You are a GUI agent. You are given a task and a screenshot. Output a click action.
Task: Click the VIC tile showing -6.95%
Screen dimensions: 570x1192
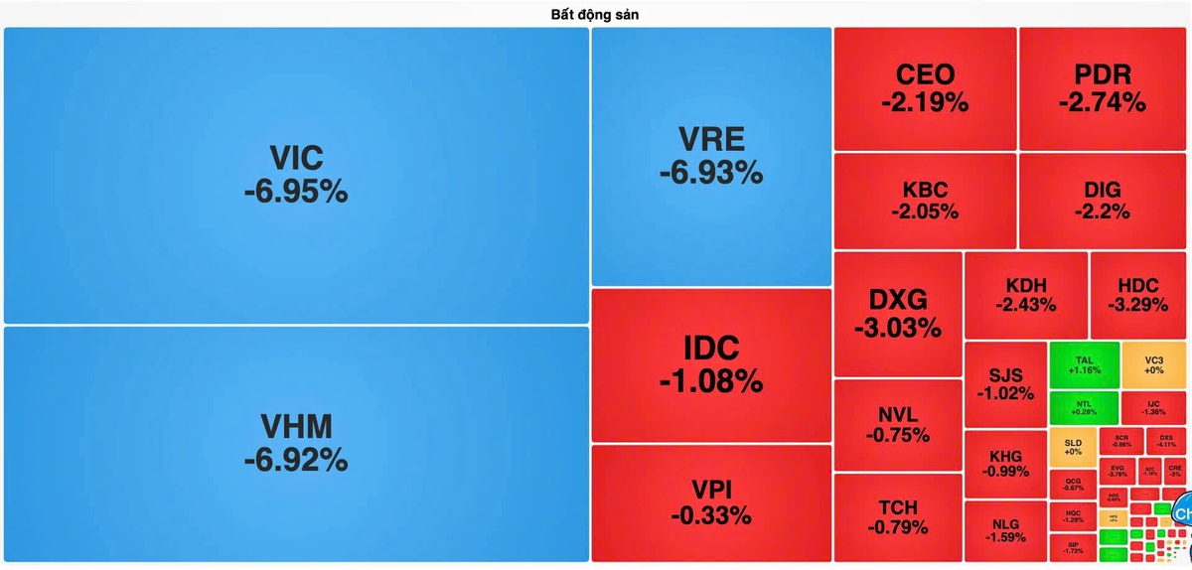click(296, 175)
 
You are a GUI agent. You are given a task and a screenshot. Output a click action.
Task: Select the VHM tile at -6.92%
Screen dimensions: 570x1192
click(296, 444)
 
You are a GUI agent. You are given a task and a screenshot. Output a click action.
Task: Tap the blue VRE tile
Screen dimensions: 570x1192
click(711, 156)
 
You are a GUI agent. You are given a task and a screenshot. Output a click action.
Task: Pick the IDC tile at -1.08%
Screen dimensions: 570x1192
click(711, 363)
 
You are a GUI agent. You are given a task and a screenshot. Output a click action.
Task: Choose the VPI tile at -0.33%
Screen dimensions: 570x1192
click(711, 502)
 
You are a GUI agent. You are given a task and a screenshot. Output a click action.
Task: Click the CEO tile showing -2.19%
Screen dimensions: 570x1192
click(925, 87)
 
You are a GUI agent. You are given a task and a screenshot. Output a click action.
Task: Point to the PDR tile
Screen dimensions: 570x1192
click(1103, 87)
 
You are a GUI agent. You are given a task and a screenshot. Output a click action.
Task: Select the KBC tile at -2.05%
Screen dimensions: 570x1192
click(925, 200)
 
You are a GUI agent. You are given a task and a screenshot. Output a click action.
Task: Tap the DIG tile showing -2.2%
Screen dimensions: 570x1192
click(1103, 200)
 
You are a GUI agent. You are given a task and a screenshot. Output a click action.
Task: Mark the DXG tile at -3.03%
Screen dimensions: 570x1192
click(898, 313)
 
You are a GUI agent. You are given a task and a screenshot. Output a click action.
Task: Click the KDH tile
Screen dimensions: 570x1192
click(1026, 295)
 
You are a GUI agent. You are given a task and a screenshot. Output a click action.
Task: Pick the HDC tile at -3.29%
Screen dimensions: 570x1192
click(1138, 295)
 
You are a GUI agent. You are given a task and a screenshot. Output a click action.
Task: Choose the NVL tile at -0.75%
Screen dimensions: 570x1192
click(898, 424)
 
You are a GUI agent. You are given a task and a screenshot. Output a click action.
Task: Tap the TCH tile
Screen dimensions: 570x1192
click(898, 516)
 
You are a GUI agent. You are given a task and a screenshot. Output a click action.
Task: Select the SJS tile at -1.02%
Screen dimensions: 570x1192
click(1005, 383)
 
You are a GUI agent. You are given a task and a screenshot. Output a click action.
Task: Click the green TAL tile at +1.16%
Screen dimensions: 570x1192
click(1084, 364)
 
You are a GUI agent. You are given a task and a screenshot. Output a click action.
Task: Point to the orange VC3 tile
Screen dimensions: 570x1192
click(1153, 364)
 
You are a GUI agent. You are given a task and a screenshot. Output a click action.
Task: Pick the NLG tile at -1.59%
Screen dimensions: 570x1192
click(1005, 530)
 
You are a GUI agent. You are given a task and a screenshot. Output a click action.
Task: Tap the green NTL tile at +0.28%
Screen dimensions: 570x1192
click(1084, 407)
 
